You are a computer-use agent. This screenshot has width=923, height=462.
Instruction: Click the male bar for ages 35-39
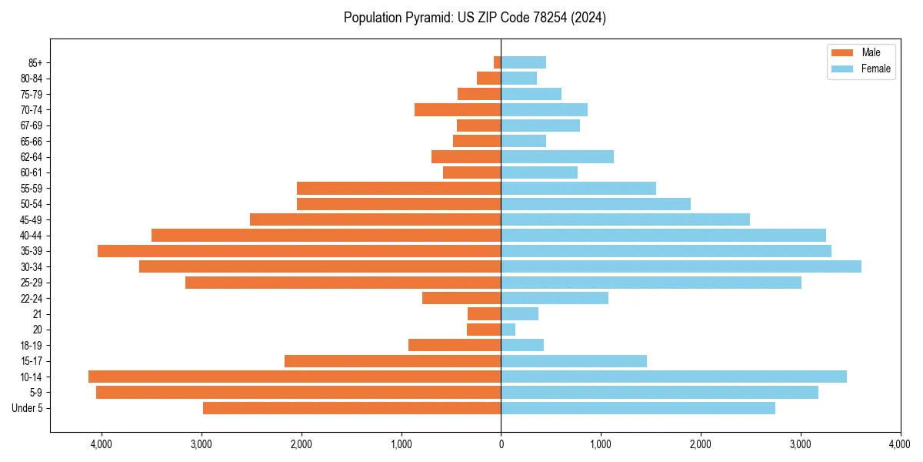tap(299, 251)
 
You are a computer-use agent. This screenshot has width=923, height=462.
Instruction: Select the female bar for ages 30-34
tap(681, 266)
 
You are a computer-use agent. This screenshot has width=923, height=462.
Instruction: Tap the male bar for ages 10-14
tap(295, 377)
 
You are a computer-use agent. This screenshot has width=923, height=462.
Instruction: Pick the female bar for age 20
tap(508, 330)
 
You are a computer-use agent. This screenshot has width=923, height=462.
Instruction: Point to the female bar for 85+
tap(524, 62)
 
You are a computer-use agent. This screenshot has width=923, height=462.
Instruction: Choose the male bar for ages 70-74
tap(458, 110)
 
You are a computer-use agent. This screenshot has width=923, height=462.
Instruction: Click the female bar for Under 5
tap(638, 408)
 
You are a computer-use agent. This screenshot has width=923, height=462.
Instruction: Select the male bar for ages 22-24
tap(461, 298)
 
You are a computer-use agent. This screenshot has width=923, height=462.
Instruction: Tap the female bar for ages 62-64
tap(557, 157)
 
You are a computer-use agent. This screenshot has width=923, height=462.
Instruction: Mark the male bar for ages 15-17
tap(392, 361)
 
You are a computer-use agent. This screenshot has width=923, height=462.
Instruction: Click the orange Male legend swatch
tap(842, 52)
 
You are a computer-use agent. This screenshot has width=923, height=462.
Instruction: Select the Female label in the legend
tap(876, 69)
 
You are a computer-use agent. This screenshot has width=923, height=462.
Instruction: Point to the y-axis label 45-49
tap(31, 219)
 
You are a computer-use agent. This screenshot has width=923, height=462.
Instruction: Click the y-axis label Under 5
tap(28, 408)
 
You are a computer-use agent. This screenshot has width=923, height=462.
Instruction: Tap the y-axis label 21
tap(38, 314)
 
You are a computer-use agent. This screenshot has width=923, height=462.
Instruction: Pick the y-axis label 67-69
tap(31, 126)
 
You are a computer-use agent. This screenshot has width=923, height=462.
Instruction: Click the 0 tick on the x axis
tap(501, 444)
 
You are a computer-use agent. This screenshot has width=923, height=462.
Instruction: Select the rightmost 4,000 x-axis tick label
tap(900, 444)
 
